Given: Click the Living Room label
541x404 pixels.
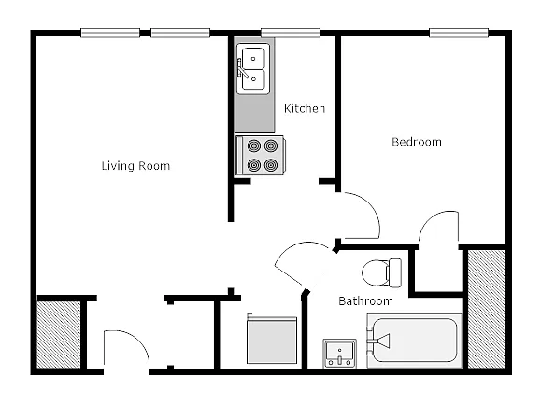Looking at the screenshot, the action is [x=135, y=166].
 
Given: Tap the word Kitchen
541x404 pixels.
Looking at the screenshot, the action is [x=305, y=109].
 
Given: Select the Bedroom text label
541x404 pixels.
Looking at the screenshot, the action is [x=417, y=142].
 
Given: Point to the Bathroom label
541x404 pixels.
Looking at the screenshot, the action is [x=365, y=301].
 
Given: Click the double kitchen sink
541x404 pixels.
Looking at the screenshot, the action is [x=253, y=69].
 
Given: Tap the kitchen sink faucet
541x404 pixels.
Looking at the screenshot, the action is [x=242, y=68].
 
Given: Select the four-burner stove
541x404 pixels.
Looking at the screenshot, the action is [x=261, y=155].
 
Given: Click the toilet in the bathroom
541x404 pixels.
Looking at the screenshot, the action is [x=381, y=272].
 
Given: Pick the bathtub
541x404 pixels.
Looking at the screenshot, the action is [x=414, y=341].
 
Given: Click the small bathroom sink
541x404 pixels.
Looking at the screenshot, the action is [x=339, y=353].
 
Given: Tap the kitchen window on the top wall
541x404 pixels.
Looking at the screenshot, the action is [x=291, y=33].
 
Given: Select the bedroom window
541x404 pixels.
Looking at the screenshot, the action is [x=459, y=33].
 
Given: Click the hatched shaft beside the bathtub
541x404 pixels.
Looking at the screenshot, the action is [x=487, y=309].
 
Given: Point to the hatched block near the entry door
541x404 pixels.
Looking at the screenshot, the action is [x=59, y=335].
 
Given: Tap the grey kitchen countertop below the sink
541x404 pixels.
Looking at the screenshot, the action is [x=255, y=114].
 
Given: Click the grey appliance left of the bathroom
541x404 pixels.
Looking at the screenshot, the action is [x=272, y=340].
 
